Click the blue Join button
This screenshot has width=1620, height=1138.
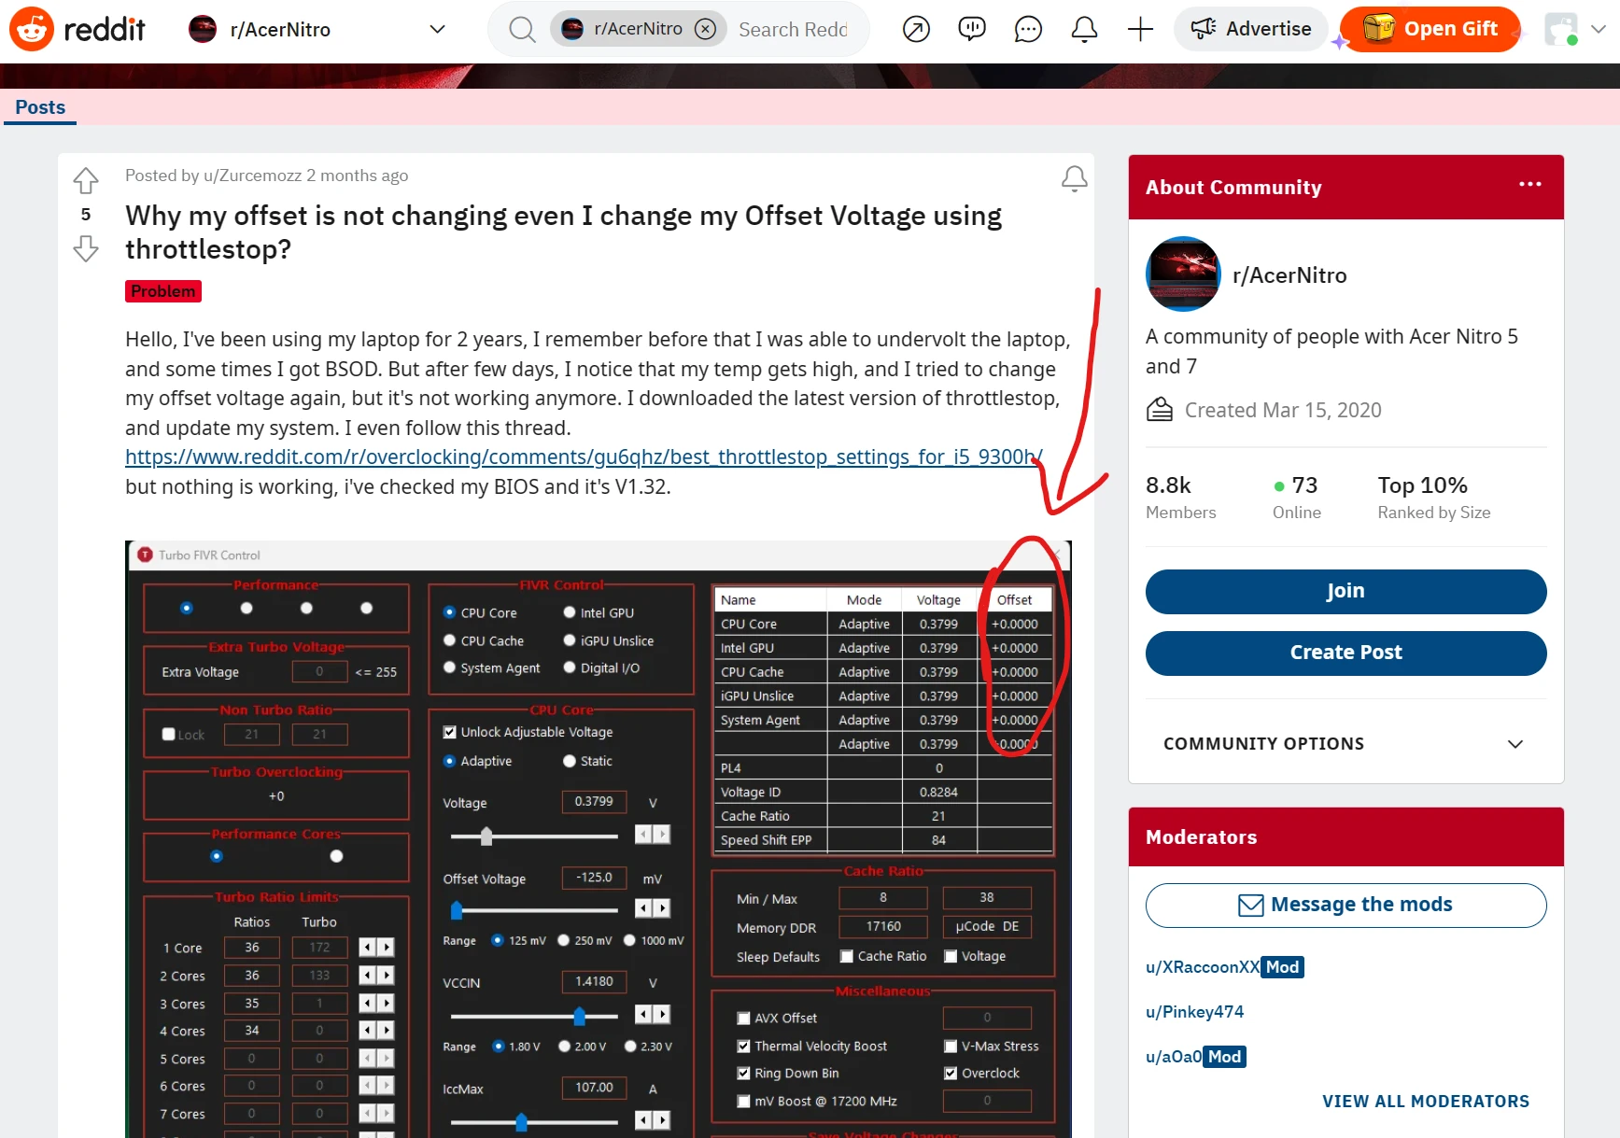[1345, 591]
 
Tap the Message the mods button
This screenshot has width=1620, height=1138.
[1345, 905]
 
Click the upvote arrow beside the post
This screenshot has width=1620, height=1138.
[86, 179]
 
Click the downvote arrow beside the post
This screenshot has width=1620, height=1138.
[86, 248]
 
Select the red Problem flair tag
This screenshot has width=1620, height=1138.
[163, 291]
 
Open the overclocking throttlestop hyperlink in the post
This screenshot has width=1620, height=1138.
[584, 457]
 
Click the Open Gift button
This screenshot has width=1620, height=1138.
[1430, 29]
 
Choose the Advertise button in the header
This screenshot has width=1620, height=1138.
[1250, 29]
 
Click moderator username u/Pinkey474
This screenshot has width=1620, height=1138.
[1194, 1012]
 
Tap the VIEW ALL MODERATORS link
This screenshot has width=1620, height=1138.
[1425, 1102]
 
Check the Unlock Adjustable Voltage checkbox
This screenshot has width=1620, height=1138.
[450, 733]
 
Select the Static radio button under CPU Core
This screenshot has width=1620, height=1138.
[570, 762]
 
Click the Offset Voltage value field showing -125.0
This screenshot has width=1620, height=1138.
[594, 878]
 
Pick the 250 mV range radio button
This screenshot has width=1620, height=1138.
[564, 941]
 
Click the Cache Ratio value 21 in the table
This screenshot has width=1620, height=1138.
[938, 816]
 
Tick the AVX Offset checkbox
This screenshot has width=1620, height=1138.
[744, 1019]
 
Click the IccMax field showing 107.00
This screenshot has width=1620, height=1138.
[594, 1088]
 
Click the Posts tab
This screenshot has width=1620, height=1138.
[40, 107]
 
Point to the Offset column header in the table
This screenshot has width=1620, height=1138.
[1014, 600]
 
